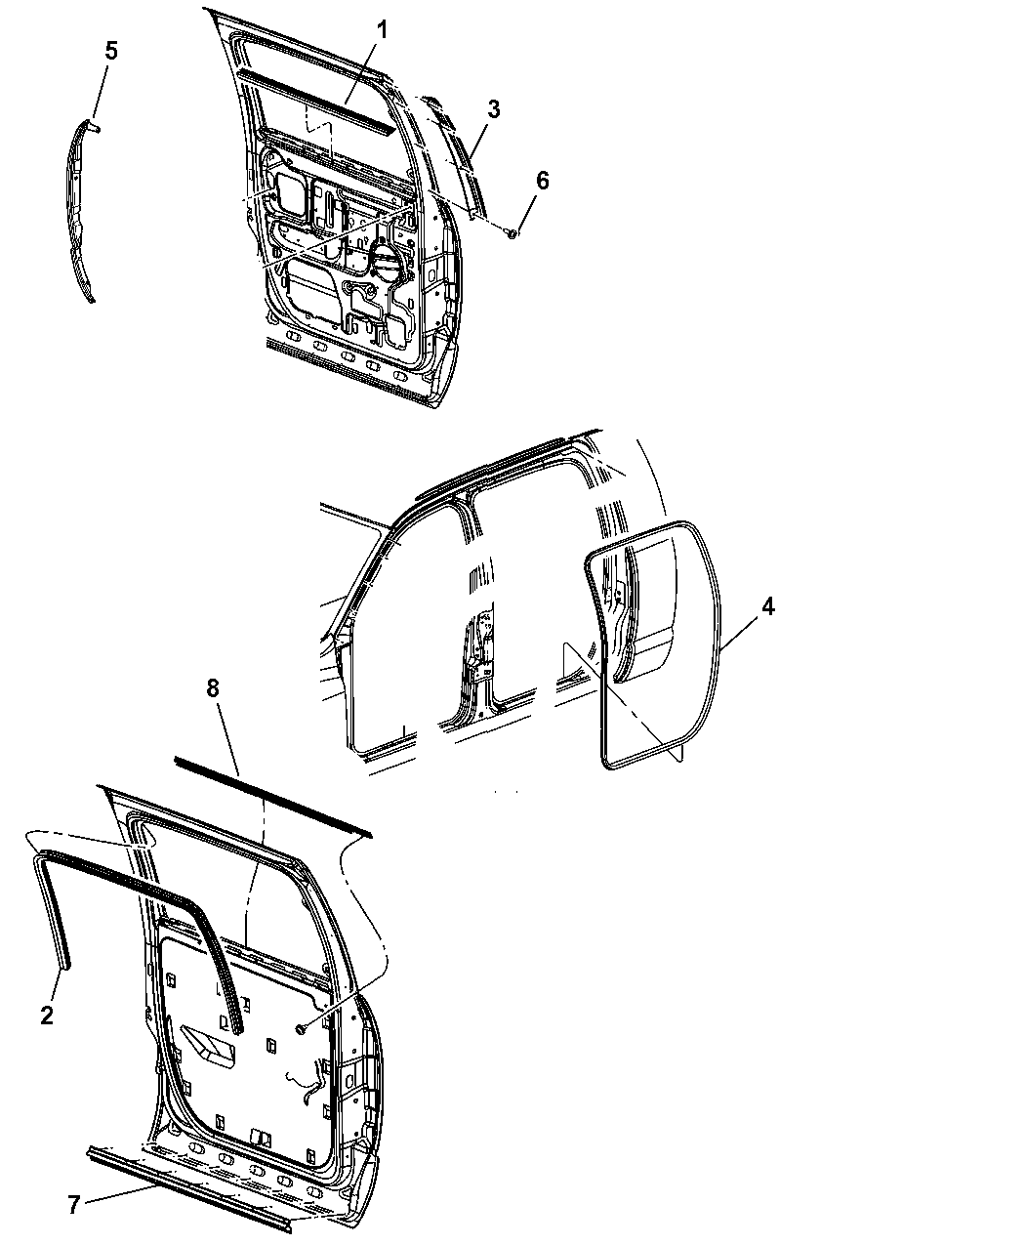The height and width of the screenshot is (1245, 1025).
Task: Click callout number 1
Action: point(383,30)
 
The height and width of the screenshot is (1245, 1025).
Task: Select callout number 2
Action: point(47,1015)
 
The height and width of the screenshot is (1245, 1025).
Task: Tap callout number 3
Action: point(493,109)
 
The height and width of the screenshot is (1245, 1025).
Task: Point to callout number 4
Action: point(768,606)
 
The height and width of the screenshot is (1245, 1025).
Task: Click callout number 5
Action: point(111,51)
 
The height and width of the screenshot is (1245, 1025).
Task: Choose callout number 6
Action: point(542,181)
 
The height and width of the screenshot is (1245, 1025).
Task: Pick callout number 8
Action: point(213,688)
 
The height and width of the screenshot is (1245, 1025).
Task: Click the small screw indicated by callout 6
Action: point(512,232)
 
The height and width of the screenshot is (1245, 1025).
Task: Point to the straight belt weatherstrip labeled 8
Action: point(273,797)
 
